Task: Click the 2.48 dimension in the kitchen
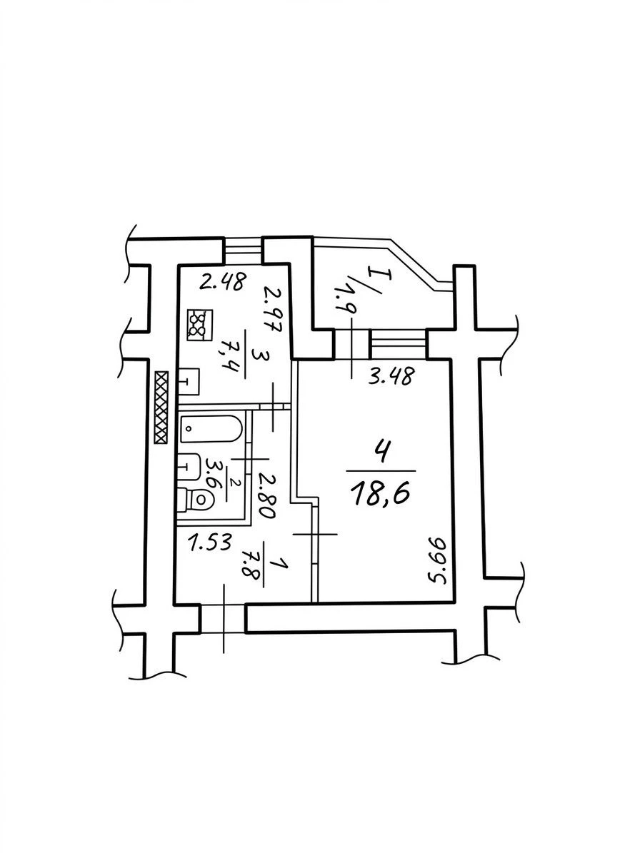pyautogui.click(x=223, y=282)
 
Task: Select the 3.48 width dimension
pyautogui.click(x=392, y=376)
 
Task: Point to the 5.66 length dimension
pyautogui.click(x=439, y=561)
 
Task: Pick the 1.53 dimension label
pyautogui.click(x=211, y=542)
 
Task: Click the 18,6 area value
pyautogui.click(x=381, y=494)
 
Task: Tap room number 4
pyautogui.click(x=382, y=452)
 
